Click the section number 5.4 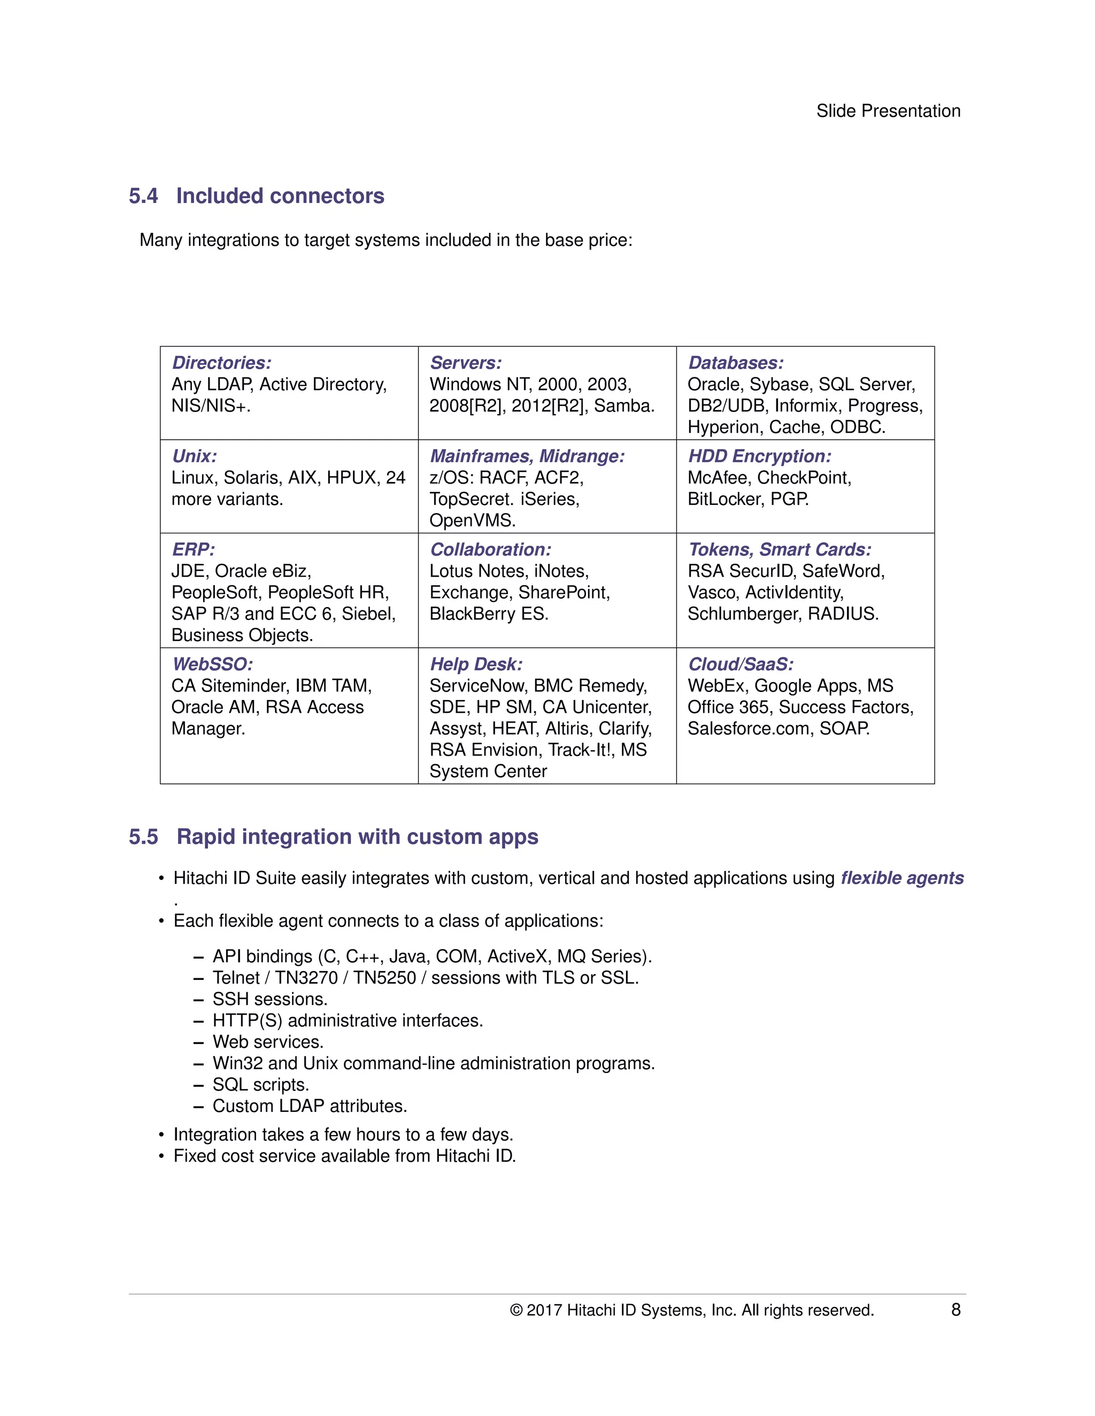click(143, 196)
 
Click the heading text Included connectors click(280, 196)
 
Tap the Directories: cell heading click(221, 363)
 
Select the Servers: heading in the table click(465, 363)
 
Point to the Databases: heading click(735, 363)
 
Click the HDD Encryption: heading click(759, 456)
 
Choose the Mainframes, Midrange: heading click(527, 456)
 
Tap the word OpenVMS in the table click(471, 520)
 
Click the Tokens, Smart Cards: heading click(779, 550)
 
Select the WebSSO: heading click(212, 665)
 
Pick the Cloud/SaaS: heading click(740, 665)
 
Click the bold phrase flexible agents click(901, 878)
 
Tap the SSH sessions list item click(270, 999)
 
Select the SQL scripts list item click(261, 1085)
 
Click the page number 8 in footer click(955, 1310)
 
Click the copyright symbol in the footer click(516, 1310)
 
